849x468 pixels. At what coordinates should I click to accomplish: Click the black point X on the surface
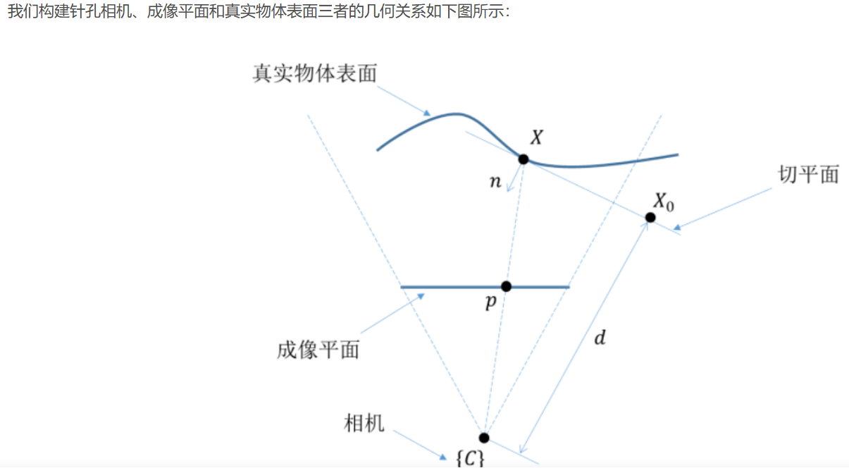[x=523, y=159]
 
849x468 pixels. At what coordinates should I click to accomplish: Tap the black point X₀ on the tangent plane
[x=650, y=217]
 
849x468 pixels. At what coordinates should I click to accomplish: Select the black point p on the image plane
[x=506, y=286]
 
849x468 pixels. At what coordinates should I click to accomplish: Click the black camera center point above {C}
[x=483, y=438]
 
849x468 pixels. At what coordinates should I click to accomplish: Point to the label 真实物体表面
[x=315, y=73]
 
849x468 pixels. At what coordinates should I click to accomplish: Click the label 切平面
[x=808, y=175]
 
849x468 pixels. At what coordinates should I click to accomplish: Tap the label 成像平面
[x=318, y=350]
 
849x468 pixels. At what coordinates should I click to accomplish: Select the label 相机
[x=364, y=423]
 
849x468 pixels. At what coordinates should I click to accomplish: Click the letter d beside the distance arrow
[x=600, y=338]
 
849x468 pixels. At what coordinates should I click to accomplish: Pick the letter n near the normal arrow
[x=495, y=183]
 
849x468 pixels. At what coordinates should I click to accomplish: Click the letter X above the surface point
[x=536, y=137]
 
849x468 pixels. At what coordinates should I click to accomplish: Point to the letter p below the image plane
[x=490, y=303]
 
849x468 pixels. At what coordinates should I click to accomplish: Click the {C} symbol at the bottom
[x=469, y=459]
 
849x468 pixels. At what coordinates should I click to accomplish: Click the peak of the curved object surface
[x=457, y=113]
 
